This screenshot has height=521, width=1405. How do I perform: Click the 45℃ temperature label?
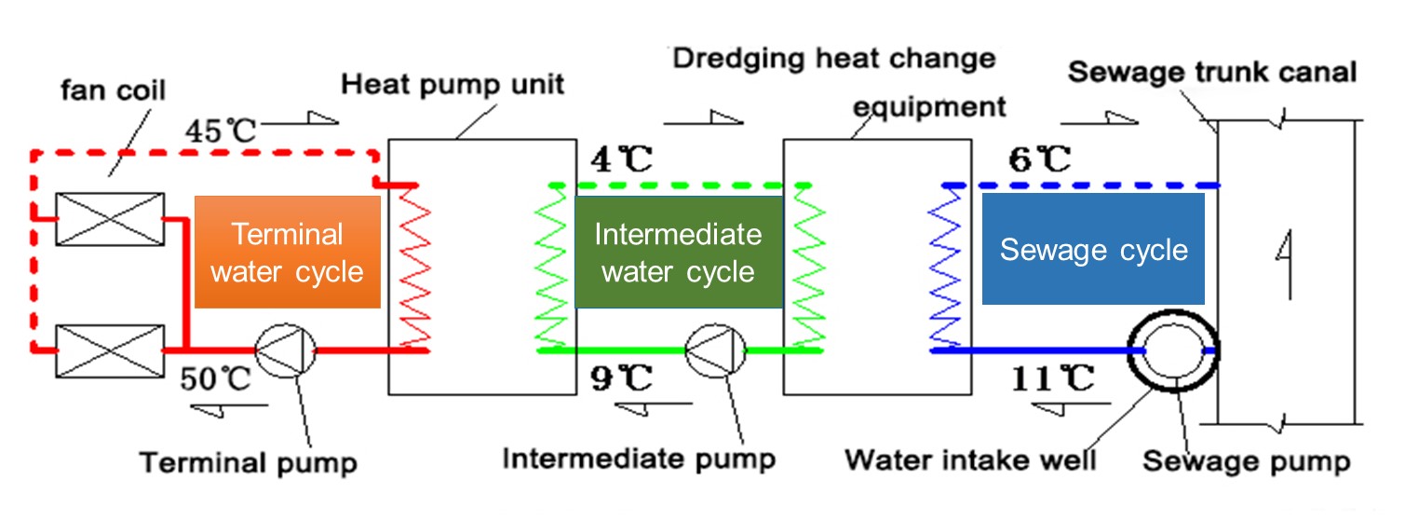(220, 130)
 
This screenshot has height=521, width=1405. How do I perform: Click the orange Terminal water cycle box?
(287, 252)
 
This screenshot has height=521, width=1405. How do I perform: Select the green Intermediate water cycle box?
(677, 252)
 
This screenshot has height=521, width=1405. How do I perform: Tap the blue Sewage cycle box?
(1093, 250)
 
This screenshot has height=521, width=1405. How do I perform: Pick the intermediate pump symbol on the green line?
(715, 350)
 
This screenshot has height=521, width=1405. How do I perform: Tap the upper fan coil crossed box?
(110, 219)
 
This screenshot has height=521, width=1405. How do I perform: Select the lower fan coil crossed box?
(110, 350)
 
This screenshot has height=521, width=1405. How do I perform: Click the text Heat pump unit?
(453, 85)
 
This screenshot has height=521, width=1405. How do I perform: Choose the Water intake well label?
(971, 459)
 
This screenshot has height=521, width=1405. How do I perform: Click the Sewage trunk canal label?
(1212, 72)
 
